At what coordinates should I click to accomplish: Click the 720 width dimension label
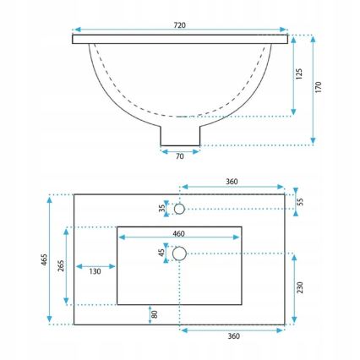tap(180, 25)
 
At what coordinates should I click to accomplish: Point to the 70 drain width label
tap(180, 157)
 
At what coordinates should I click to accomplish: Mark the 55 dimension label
tap(297, 201)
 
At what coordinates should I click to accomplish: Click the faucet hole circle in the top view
tap(179, 207)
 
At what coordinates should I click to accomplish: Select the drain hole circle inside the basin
tap(179, 253)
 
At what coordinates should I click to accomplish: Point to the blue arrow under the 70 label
tap(180, 150)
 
